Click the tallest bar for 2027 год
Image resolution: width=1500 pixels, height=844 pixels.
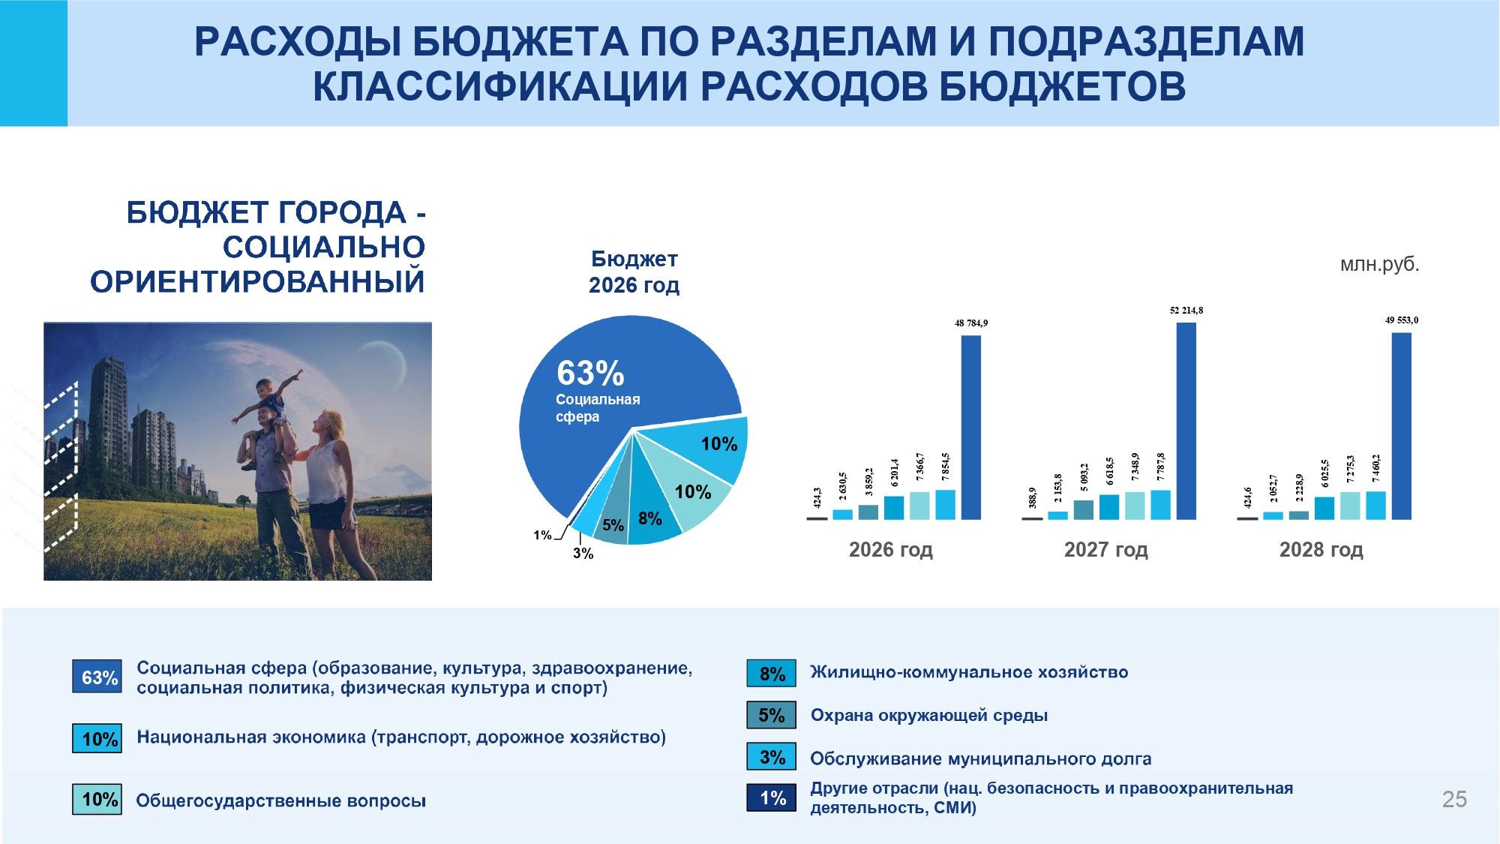(1186, 420)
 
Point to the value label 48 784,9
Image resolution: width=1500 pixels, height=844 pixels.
(970, 323)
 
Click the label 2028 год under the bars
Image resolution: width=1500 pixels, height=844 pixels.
(1321, 550)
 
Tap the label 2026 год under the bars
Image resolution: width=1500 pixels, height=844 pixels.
(890, 550)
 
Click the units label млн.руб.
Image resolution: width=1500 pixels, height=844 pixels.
(1379, 264)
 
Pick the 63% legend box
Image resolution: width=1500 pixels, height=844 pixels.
(97, 677)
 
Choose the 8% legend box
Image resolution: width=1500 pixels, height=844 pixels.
(771, 673)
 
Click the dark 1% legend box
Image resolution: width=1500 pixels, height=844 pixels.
(771, 797)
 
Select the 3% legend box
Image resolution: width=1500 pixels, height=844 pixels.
(771, 756)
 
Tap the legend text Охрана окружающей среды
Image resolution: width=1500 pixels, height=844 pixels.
(928, 716)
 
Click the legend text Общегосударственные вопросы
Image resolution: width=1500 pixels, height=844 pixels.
(280, 800)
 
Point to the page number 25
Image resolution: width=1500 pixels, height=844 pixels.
(1454, 799)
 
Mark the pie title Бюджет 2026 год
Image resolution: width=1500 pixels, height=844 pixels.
(634, 272)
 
